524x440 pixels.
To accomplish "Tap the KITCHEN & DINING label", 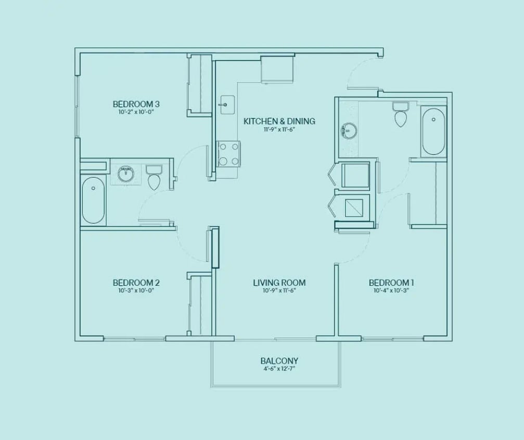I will coord(279,121).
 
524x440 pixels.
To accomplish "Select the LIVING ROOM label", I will coord(279,283).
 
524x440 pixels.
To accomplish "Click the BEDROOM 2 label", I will coord(136,283).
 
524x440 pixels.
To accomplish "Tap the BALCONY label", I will coord(279,361).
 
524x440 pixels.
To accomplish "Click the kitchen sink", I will coord(226,105).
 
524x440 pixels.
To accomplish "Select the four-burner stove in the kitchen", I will coord(229,154).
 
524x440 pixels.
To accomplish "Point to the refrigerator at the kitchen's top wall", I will coord(277,69).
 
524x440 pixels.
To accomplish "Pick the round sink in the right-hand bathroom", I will coord(349,131).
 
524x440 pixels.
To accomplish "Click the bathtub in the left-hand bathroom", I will coord(94,200).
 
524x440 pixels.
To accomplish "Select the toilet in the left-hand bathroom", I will coord(154,178).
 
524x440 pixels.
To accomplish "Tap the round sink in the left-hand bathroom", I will coord(126,173).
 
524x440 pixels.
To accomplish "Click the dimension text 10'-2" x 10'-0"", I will coord(136,112).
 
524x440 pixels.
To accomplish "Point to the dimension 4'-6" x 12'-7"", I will coord(279,369).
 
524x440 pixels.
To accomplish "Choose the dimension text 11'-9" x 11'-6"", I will coord(279,130).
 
